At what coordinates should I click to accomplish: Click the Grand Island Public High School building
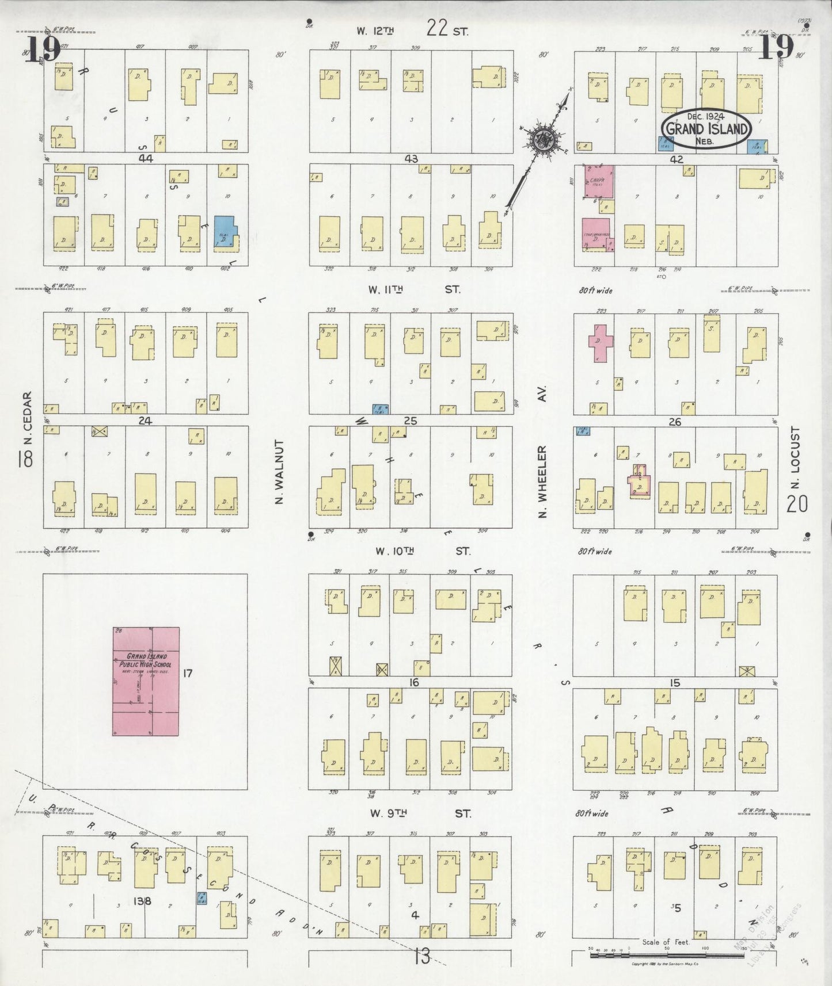point(146,682)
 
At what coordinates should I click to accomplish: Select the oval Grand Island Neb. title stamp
point(706,128)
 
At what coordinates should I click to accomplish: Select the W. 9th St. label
point(420,813)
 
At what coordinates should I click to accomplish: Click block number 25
point(410,421)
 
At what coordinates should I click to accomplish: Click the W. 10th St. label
point(421,551)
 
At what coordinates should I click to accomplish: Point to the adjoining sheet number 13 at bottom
point(422,957)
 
